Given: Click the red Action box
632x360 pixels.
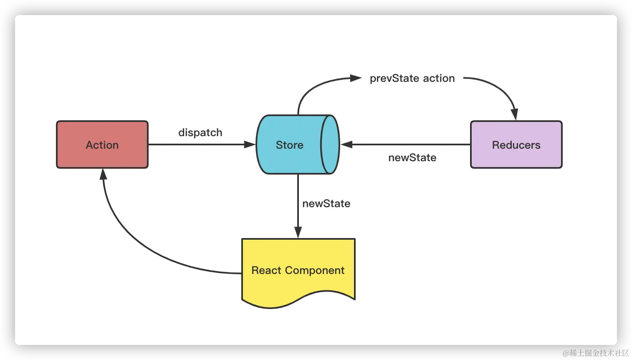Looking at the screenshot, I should click(x=102, y=145).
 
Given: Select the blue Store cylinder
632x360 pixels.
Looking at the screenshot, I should click(x=289, y=145).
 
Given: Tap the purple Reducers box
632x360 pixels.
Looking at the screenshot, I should click(x=516, y=145).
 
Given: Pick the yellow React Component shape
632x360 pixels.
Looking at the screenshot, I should click(x=298, y=271).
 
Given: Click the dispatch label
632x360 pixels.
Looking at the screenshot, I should click(x=200, y=132).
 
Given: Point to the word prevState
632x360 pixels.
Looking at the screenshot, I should click(x=394, y=79).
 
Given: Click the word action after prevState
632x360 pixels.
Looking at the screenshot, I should click(x=439, y=79).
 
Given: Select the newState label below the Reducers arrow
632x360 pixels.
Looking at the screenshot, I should click(x=412, y=157).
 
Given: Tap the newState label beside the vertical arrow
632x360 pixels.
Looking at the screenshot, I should click(x=326, y=203).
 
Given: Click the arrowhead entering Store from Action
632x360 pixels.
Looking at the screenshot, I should click(x=250, y=145).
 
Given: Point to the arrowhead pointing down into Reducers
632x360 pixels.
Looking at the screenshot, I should click(x=515, y=114).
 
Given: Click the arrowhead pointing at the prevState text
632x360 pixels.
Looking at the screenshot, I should click(x=356, y=78).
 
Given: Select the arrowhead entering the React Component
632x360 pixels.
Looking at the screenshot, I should click(x=298, y=233).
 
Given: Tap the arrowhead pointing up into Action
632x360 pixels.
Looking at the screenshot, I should click(x=103, y=174).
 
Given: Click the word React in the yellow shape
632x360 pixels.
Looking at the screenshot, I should click(x=266, y=271).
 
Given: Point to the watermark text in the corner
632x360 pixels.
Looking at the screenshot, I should click(x=595, y=352).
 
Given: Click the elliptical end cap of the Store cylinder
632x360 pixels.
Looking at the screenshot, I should click(x=330, y=145).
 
